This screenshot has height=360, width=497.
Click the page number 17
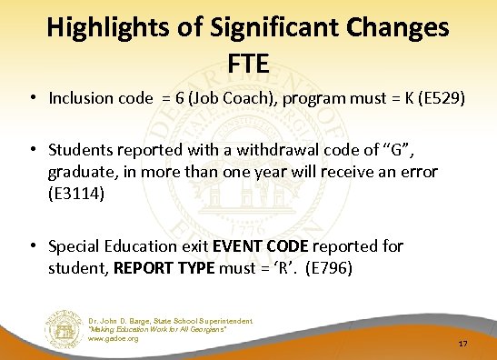coord(462,344)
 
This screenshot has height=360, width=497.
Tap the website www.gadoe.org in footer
coord(114,339)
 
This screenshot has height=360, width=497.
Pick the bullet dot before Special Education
coord(34,245)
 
